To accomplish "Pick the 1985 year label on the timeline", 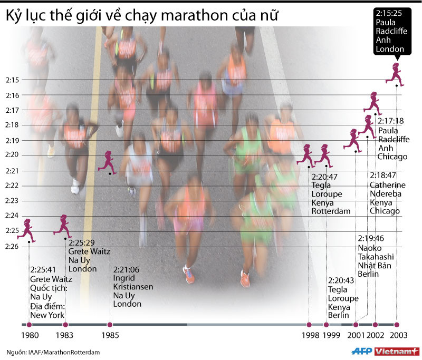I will tap(109, 335).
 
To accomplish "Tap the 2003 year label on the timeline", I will tap(398, 335).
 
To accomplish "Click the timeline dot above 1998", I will tap(309, 325).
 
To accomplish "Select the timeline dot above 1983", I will tap(65, 325).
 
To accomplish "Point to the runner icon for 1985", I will tap(107, 160).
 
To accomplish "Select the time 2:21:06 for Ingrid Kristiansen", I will tap(127, 268).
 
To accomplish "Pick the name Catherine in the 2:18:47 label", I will tap(387, 185).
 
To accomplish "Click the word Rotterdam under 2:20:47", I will tap(331, 211).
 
